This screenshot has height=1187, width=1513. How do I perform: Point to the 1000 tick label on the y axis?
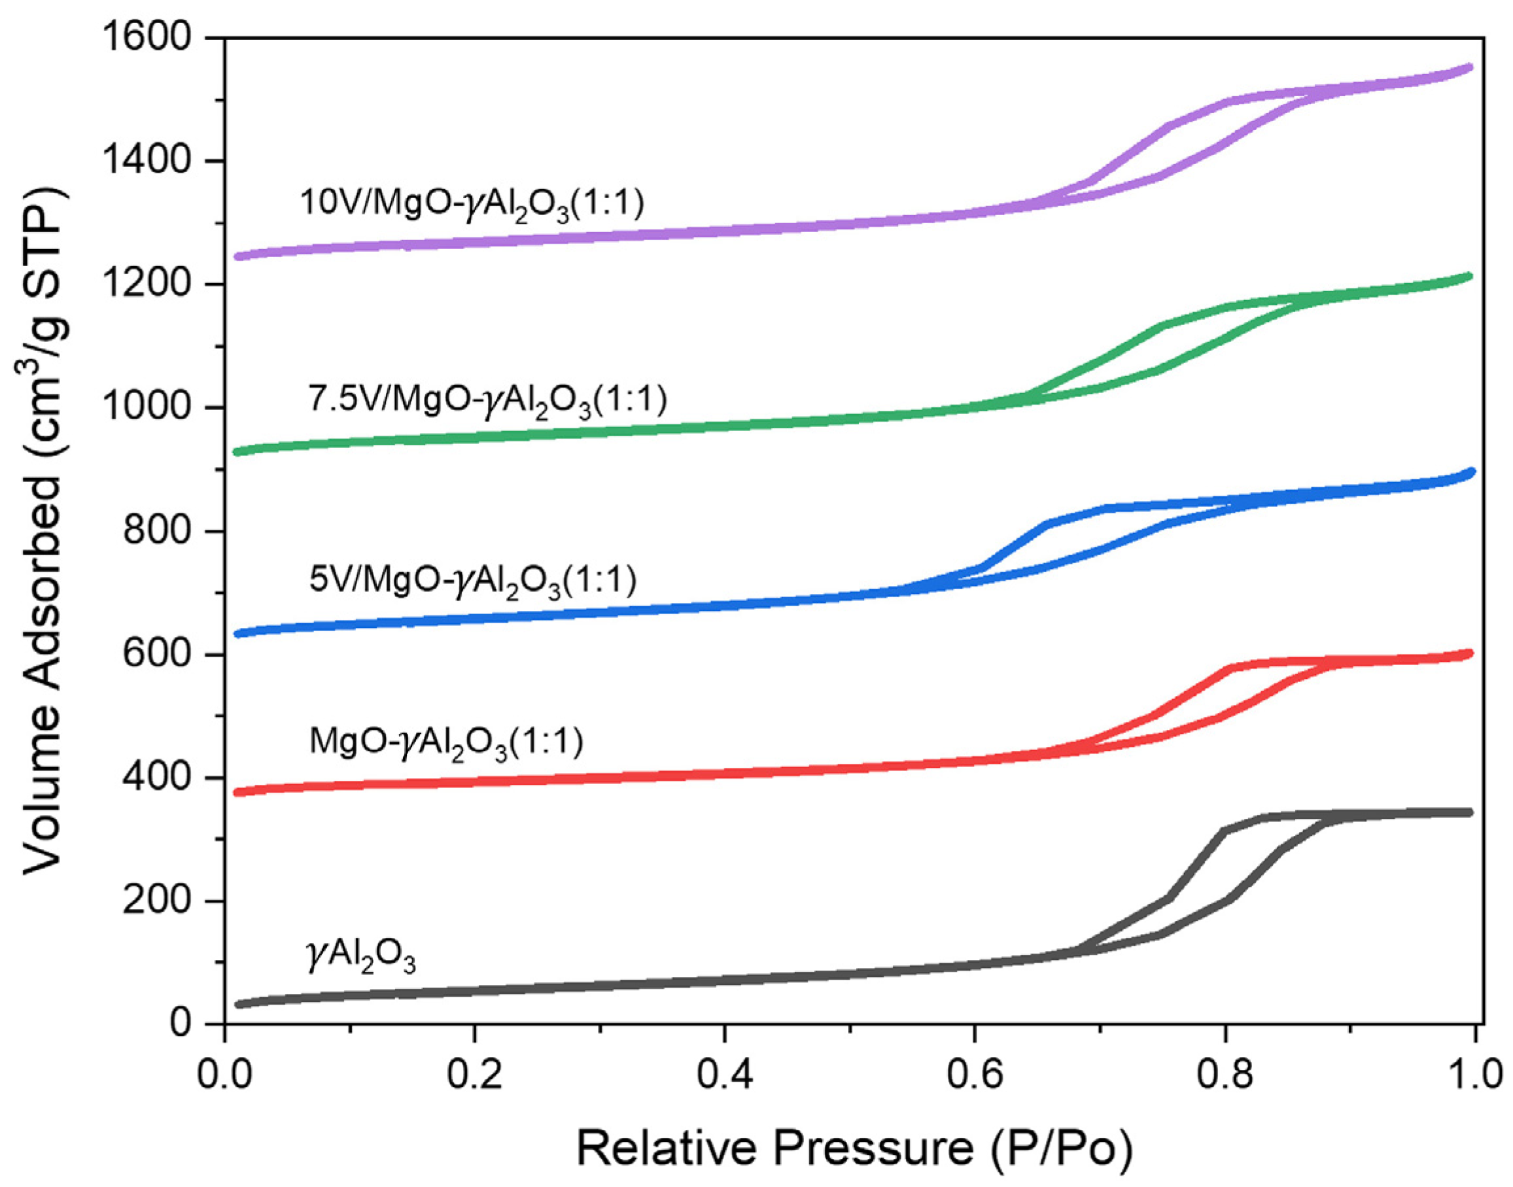pos(147,408)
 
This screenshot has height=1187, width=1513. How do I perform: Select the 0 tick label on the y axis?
pos(181,1023)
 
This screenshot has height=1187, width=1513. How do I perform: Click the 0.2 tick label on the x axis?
pos(474,1074)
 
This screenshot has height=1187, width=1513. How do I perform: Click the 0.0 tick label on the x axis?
pos(224,1074)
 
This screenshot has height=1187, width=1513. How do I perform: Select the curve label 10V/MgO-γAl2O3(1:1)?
pos(472,204)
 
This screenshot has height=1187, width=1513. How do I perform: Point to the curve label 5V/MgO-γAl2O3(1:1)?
pos(472,581)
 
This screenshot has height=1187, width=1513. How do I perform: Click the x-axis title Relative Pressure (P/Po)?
pos(854,1148)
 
